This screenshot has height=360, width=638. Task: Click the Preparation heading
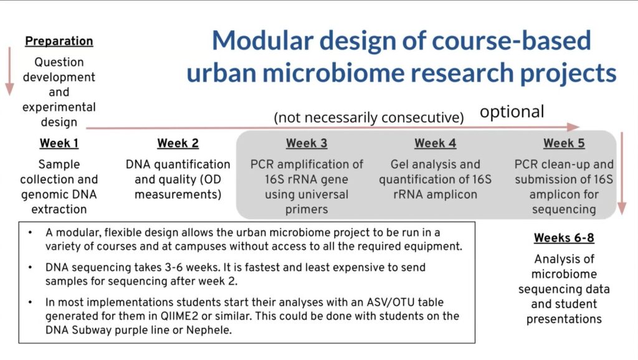point(59,41)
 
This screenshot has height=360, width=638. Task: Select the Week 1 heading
point(59,143)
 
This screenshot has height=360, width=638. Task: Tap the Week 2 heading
point(178,143)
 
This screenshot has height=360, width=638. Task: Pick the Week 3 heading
point(307,143)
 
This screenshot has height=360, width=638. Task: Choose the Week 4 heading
point(435,143)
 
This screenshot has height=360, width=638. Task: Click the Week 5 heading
point(564,143)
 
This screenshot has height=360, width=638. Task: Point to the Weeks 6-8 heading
point(564,237)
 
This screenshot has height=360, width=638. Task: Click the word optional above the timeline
point(512,112)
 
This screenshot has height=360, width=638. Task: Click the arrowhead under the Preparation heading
point(9,90)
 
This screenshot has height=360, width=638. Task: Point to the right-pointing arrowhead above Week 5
point(573,127)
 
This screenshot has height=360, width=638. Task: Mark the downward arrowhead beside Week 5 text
point(622,209)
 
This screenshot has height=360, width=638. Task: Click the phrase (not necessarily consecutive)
point(369,118)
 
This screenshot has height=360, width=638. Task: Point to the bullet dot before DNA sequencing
point(31,268)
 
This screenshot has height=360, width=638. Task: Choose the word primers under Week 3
point(307,209)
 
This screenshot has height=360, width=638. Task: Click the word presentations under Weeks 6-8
point(564,320)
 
